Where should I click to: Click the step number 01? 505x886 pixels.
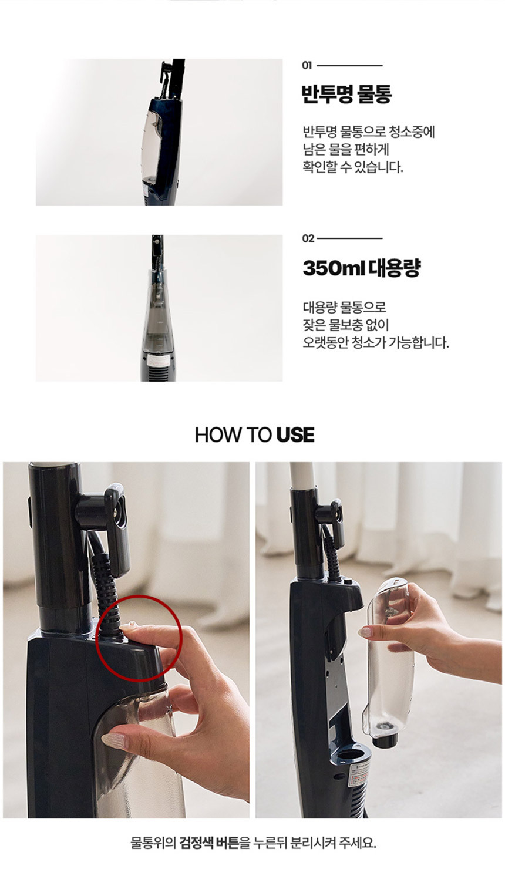click(x=307, y=66)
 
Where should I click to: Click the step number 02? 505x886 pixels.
click(x=308, y=238)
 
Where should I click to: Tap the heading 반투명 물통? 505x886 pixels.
click(x=347, y=94)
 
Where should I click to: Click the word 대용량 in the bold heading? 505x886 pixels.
click(x=394, y=268)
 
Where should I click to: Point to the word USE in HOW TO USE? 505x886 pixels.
click(x=295, y=434)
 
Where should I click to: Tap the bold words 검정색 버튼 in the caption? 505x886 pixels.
click(x=209, y=855)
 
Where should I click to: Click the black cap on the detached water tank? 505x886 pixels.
click(x=385, y=739)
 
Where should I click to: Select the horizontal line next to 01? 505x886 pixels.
click(x=349, y=66)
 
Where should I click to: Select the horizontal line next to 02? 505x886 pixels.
click(x=349, y=238)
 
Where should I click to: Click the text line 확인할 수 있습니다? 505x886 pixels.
click(x=353, y=168)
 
